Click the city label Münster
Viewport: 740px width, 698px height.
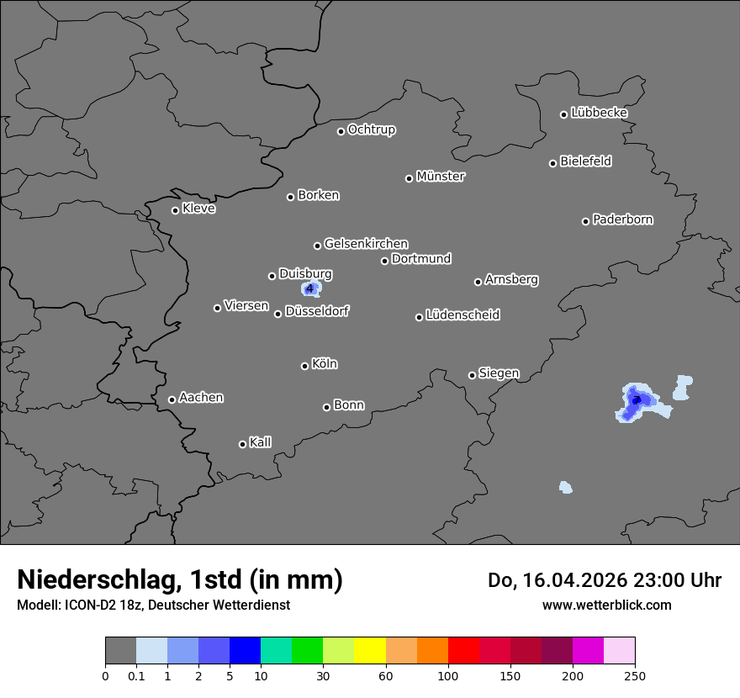[441, 177]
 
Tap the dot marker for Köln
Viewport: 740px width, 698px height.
[304, 366]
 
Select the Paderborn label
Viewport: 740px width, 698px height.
[623, 219]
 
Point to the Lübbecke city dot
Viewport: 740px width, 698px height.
[563, 114]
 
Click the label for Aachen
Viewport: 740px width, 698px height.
[201, 398]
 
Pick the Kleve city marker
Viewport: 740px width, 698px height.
[175, 210]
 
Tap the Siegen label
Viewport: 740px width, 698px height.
[499, 373]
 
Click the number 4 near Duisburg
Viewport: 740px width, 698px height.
[310, 289]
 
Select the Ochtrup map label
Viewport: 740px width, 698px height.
[372, 130]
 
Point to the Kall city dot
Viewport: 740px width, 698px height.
[242, 444]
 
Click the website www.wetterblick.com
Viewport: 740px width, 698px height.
[606, 605]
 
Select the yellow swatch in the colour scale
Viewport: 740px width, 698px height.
[370, 651]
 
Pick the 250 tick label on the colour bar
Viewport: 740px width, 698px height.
[635, 676]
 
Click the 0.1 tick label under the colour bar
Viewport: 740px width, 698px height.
[136, 676]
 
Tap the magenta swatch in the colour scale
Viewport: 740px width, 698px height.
[588, 651]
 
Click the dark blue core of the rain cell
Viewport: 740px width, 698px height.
[637, 399]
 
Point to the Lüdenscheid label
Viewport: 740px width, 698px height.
[462, 315]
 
